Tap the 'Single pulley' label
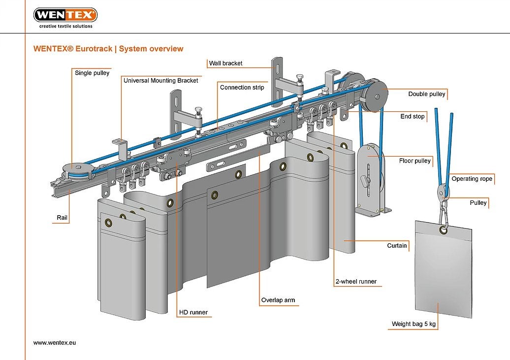click(92, 73)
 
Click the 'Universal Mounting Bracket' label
click(160, 80)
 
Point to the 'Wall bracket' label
click(225, 63)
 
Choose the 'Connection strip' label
click(242, 87)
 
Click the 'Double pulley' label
click(426, 94)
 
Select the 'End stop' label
click(412, 117)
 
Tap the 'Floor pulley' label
click(414, 161)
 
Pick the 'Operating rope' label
click(472, 179)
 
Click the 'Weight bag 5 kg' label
click(414, 324)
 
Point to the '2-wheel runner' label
click(355, 282)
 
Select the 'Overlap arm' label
click(278, 300)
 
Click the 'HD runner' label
click(193, 312)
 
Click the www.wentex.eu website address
click(55, 342)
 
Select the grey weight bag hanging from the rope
click(443, 268)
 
